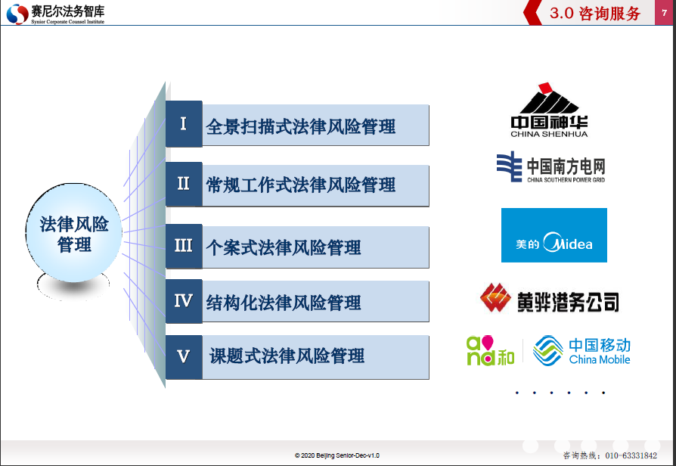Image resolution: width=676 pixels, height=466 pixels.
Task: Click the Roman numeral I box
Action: tap(184, 124)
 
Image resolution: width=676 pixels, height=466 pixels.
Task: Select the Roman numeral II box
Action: tap(184, 184)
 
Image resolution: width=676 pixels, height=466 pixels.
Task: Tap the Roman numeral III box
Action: tap(184, 246)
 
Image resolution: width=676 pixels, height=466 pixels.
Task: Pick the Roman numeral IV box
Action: tap(184, 301)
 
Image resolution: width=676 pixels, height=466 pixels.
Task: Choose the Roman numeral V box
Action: tap(184, 357)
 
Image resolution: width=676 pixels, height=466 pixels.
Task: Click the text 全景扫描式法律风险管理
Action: tap(300, 126)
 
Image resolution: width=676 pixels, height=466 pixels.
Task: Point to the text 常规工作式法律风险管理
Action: tap(300, 185)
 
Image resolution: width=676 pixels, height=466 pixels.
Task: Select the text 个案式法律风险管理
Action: tap(284, 247)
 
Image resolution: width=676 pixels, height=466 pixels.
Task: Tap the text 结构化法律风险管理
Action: tap(284, 303)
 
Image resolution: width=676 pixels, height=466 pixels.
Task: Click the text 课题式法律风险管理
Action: tap(287, 356)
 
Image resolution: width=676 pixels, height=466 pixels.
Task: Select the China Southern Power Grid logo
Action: tap(550, 167)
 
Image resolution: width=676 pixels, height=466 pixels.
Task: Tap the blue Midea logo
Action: tap(554, 235)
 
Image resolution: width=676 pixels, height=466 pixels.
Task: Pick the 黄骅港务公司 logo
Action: tap(550, 299)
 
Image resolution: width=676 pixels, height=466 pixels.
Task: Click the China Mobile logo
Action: tap(581, 350)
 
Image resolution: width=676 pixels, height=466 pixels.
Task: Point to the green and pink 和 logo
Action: tap(491, 350)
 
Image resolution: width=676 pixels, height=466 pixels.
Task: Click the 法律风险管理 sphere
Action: tap(73, 234)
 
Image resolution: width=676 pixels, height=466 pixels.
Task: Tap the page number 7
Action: tap(665, 13)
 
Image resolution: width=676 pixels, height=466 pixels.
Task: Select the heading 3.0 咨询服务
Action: tap(595, 14)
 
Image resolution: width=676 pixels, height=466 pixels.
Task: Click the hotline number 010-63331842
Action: tap(631, 455)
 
